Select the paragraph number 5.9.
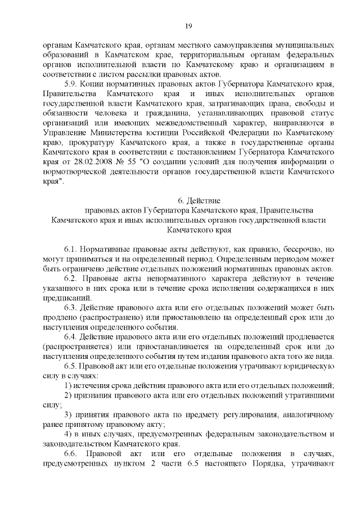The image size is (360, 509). click(71, 82)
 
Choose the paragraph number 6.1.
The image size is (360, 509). click(71, 249)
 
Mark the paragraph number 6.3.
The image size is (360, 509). click(71, 308)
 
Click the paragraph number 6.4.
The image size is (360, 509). click(71, 337)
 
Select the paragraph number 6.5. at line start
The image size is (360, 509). click(71, 366)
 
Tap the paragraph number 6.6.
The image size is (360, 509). click(72, 454)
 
